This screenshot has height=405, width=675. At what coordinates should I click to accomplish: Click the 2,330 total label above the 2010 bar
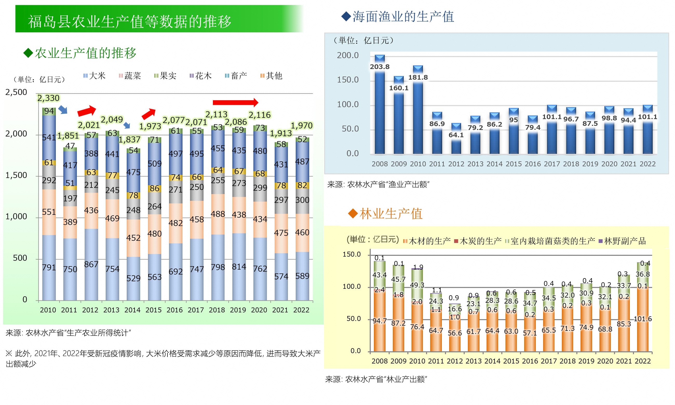(x=48, y=98)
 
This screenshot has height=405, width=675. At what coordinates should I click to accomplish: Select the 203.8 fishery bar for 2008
(x=380, y=109)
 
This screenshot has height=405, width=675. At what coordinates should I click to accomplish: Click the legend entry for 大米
(x=95, y=75)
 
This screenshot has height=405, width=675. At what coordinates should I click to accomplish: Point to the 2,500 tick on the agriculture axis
(x=16, y=92)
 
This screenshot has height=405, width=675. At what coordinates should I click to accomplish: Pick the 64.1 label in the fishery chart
(x=456, y=135)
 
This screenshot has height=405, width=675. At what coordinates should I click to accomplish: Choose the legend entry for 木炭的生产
(x=478, y=241)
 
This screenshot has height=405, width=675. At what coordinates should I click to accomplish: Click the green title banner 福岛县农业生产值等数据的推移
(x=158, y=19)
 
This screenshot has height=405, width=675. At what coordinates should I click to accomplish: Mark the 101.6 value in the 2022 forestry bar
(x=643, y=319)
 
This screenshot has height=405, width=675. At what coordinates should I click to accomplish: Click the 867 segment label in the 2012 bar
(x=91, y=264)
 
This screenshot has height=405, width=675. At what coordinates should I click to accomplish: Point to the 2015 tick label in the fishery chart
(x=514, y=164)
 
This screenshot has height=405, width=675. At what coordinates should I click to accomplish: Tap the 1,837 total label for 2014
(x=130, y=140)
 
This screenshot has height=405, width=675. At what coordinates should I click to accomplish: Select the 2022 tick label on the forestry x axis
(x=643, y=361)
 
